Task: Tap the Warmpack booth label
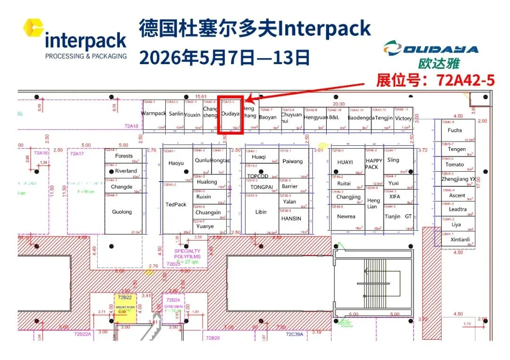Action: pyautogui.click(x=153, y=114)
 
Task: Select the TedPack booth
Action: pyautogui.click(x=176, y=205)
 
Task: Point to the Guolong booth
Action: pyautogui.click(x=122, y=212)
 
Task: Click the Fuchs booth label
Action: pyautogui.click(x=455, y=130)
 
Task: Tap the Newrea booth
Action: pyautogui.click(x=346, y=217)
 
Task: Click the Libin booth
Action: pyautogui.click(x=261, y=212)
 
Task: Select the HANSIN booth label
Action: pyautogui.click(x=291, y=218)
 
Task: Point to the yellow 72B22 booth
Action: pyautogui.click(x=125, y=307)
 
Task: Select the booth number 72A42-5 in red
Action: pyautogui.click(x=466, y=80)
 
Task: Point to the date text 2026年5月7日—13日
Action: pyautogui.click(x=224, y=58)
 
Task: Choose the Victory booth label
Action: pyautogui.click(x=403, y=118)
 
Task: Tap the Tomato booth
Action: pyautogui.click(x=455, y=165)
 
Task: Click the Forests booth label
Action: pyautogui.click(x=124, y=156)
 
